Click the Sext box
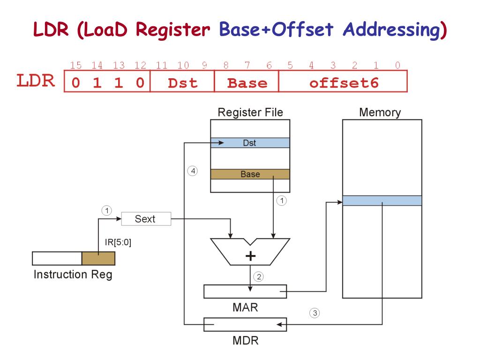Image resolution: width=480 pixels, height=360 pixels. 146,219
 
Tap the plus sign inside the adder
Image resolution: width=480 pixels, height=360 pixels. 251,256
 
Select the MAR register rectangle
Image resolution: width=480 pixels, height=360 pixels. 245,291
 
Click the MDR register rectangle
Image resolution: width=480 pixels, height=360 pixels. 245,324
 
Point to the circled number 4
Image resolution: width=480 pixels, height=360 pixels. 192,171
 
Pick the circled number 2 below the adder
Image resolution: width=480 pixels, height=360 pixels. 258,277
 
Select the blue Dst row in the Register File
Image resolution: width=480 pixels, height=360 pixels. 250,143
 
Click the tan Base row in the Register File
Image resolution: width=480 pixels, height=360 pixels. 250,174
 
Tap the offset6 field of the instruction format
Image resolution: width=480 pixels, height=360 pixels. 343,83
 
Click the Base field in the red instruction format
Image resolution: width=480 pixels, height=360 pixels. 247,83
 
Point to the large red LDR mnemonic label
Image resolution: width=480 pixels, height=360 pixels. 36,81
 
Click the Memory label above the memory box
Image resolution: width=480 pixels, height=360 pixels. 380,112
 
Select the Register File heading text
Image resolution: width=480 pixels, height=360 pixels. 250,112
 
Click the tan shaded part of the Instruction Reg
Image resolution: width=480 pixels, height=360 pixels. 98,258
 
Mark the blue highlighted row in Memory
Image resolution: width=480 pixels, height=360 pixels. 382,201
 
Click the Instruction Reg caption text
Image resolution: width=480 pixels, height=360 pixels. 73,274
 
